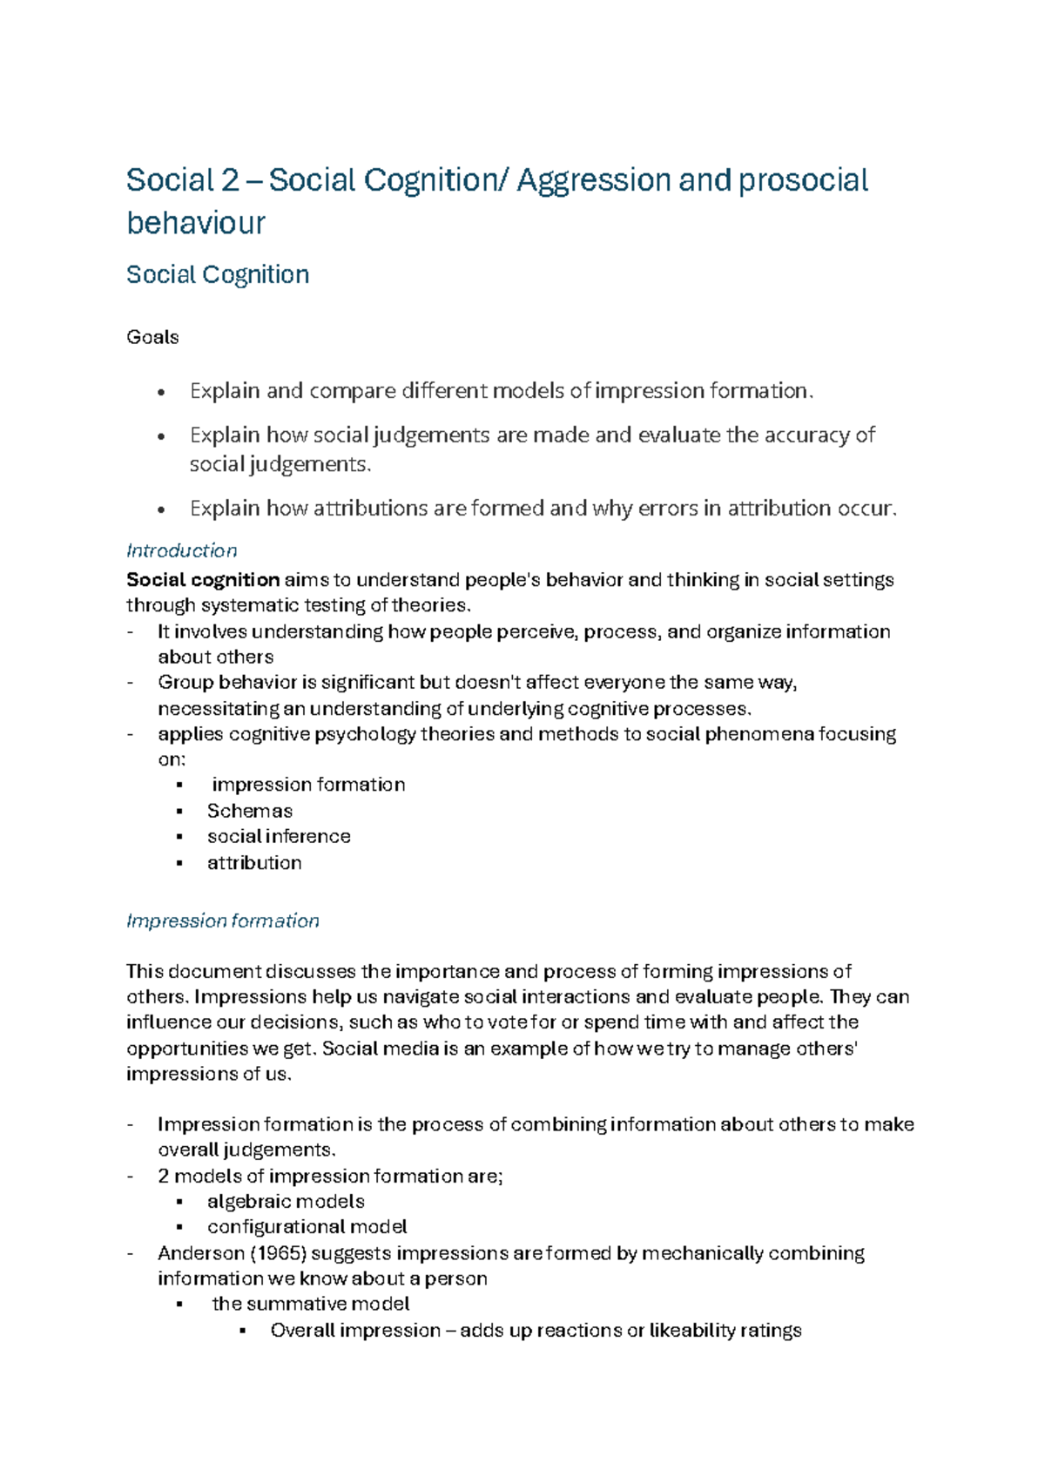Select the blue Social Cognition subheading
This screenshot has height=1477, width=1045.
(x=218, y=275)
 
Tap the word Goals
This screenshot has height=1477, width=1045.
(x=152, y=337)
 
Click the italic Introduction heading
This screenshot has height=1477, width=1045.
(x=181, y=550)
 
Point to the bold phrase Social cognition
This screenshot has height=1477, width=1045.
(x=203, y=580)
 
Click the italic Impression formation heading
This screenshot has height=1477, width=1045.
(x=222, y=921)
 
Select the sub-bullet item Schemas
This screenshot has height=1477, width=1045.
(x=249, y=811)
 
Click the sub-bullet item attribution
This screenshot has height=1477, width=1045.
(x=254, y=863)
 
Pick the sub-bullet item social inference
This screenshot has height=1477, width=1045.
(x=279, y=836)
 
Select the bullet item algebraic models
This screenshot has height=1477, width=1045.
(x=286, y=1202)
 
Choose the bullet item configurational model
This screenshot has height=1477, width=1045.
(x=307, y=1227)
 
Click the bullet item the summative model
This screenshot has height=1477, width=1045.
(x=310, y=1304)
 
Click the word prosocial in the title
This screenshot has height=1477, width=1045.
(x=803, y=181)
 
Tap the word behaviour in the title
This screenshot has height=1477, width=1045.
(x=196, y=224)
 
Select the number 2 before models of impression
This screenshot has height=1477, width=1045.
(x=164, y=1177)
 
